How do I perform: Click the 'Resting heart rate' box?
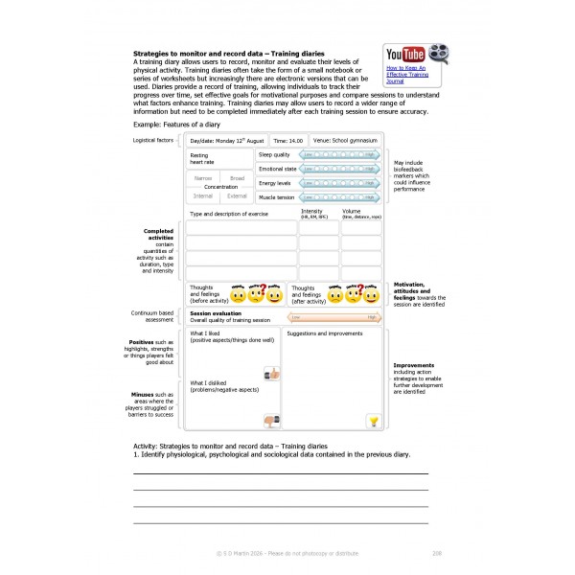(x=219, y=158)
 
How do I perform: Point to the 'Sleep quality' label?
(x=274, y=153)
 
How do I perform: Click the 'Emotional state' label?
(x=277, y=168)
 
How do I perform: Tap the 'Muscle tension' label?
(x=277, y=196)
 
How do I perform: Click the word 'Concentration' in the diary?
(x=220, y=187)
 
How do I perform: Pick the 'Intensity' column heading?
(x=312, y=211)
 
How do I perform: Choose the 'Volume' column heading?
(x=352, y=211)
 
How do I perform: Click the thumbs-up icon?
(x=271, y=373)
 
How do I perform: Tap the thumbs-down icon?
(x=271, y=420)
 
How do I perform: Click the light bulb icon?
(x=374, y=420)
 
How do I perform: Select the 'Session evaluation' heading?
(x=216, y=313)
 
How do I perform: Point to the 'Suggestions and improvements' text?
(x=325, y=334)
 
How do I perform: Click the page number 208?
(x=437, y=553)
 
